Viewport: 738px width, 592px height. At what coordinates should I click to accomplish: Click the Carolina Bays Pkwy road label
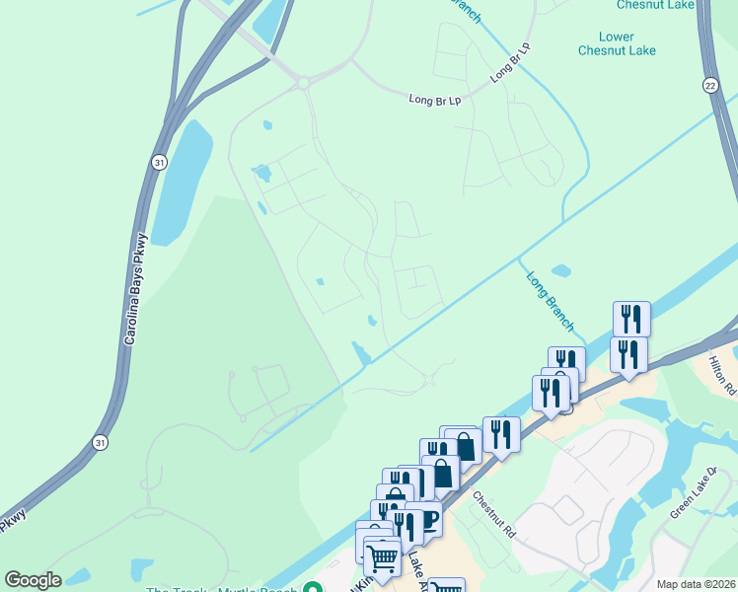click(136, 287)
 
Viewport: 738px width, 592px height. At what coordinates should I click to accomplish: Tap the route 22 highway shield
click(710, 87)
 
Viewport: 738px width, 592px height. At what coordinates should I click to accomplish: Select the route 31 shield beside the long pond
click(159, 161)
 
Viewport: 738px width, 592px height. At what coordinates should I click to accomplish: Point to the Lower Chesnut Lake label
click(617, 43)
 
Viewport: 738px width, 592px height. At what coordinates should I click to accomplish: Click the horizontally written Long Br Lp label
click(435, 99)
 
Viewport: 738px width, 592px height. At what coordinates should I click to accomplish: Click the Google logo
click(33, 580)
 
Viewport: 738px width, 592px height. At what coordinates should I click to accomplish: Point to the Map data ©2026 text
click(695, 584)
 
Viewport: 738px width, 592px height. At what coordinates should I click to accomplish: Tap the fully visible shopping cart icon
click(382, 558)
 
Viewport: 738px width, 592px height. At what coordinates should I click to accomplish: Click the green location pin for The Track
click(313, 589)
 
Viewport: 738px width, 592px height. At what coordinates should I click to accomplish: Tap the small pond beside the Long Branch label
click(560, 270)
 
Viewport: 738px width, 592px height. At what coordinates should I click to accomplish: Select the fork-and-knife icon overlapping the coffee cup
click(405, 525)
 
